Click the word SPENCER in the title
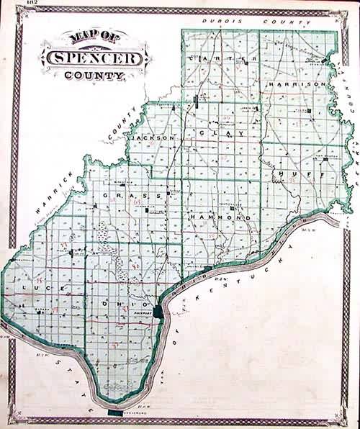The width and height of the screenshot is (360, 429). [x=96, y=56]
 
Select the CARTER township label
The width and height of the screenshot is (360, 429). [x=218, y=57]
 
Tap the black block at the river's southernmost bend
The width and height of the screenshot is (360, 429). [x=114, y=412]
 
